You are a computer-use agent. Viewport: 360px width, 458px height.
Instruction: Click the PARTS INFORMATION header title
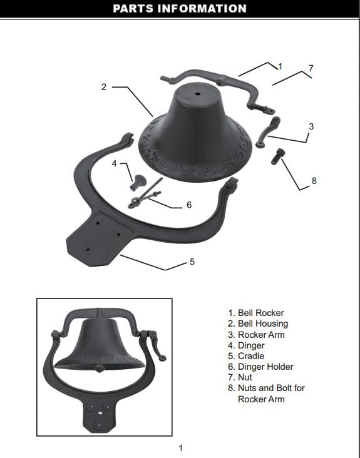click(x=180, y=9)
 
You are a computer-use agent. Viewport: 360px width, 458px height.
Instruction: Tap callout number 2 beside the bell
click(x=104, y=87)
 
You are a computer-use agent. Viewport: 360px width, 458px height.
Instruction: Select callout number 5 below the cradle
click(x=192, y=262)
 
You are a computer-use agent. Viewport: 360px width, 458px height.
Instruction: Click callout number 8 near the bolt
click(x=314, y=180)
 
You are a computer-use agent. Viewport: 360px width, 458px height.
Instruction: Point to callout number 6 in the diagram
click(x=189, y=205)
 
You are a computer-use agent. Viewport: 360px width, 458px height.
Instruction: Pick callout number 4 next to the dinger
click(x=115, y=163)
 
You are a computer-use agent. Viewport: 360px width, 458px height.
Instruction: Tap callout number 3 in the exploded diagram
click(x=311, y=126)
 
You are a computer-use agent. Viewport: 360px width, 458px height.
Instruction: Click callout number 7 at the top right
click(x=311, y=68)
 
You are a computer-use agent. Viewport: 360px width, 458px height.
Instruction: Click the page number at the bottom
click(x=181, y=447)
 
